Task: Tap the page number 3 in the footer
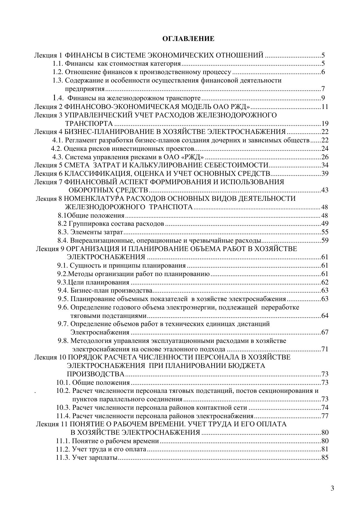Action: click(x=332, y=488)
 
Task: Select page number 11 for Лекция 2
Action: click(x=325, y=107)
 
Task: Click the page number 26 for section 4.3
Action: click(x=325, y=157)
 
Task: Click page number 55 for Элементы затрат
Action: click(x=325, y=232)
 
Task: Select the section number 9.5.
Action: click(x=63, y=299)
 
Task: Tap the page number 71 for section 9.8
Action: click(x=325, y=349)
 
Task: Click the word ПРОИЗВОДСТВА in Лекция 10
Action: click(x=96, y=374)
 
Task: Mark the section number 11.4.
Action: click(x=63, y=416)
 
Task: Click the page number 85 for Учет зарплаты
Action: click(x=325, y=458)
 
